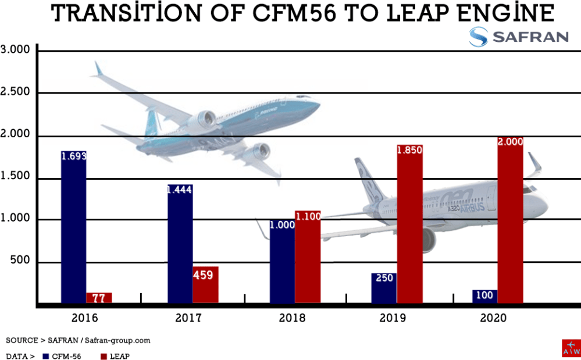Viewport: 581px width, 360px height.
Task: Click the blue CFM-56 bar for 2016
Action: [73, 227]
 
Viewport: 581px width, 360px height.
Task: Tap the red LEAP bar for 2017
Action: [205, 284]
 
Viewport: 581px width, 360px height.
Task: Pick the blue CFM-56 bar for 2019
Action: [384, 288]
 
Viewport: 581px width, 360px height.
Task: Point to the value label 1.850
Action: [409, 149]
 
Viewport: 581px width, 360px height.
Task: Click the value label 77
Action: [99, 298]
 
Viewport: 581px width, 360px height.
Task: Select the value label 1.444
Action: [180, 190]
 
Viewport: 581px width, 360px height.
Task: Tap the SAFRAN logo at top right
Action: [519, 37]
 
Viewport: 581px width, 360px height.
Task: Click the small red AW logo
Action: [571, 348]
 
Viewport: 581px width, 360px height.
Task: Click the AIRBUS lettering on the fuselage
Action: [472, 207]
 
